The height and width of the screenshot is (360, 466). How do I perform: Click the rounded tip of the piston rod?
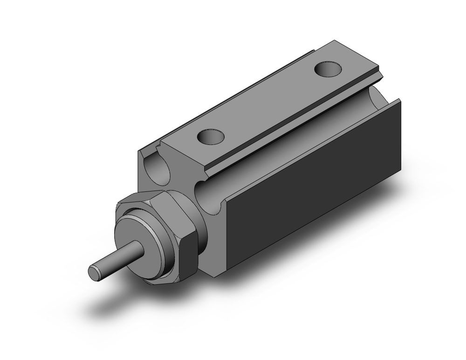pyautogui.click(x=95, y=273)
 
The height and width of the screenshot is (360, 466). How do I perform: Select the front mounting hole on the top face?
pyautogui.click(x=211, y=137)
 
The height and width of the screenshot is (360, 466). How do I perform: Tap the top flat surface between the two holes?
pyautogui.click(x=270, y=103)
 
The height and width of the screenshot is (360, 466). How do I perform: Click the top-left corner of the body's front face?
pyautogui.click(x=139, y=150)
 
